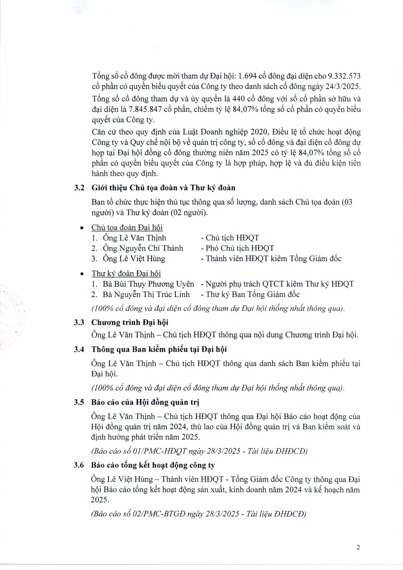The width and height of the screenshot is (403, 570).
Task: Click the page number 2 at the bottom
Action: pos(358,547)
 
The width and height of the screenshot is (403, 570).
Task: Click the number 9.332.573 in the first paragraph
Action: pos(344,76)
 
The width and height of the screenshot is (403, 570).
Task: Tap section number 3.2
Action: pos(79,188)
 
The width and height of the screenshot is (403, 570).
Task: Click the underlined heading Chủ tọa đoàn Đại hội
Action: pos(127,227)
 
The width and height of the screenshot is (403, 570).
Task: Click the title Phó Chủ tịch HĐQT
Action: pos(240,248)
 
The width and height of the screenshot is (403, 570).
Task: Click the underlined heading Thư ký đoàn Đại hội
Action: pos(126,274)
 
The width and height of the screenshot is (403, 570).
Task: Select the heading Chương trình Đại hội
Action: pos(129,322)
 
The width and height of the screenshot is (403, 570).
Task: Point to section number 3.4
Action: pos(79,349)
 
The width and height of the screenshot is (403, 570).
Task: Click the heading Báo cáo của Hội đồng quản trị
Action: pos(145,402)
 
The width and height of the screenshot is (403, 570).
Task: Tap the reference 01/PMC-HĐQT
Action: pos(160,451)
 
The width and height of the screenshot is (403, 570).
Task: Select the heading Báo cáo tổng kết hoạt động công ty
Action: pos(153,465)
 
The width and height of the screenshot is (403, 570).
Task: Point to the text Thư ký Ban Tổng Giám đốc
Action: pos(252,294)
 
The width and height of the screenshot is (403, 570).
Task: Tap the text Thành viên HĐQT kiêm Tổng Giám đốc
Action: pos(273,259)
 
